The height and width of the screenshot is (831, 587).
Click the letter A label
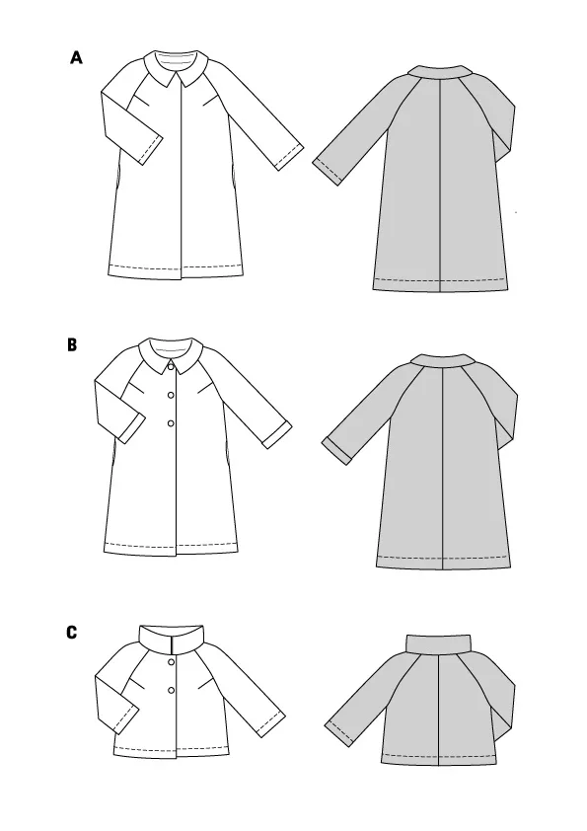tap(76, 57)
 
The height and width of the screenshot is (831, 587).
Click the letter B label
tap(72, 345)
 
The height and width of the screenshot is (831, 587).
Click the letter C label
tap(72, 633)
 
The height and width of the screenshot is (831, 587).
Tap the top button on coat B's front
tap(171, 366)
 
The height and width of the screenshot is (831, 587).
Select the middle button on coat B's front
tap(171, 395)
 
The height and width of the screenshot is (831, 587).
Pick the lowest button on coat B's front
tap(171, 423)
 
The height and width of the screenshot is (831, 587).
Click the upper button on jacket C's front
tap(171, 662)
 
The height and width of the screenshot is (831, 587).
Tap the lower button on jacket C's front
tap(171, 690)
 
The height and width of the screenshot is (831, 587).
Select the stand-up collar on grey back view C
tap(438, 643)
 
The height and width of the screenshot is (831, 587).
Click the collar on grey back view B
tap(441, 361)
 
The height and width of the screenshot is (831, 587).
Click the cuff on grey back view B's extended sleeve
tap(337, 451)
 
